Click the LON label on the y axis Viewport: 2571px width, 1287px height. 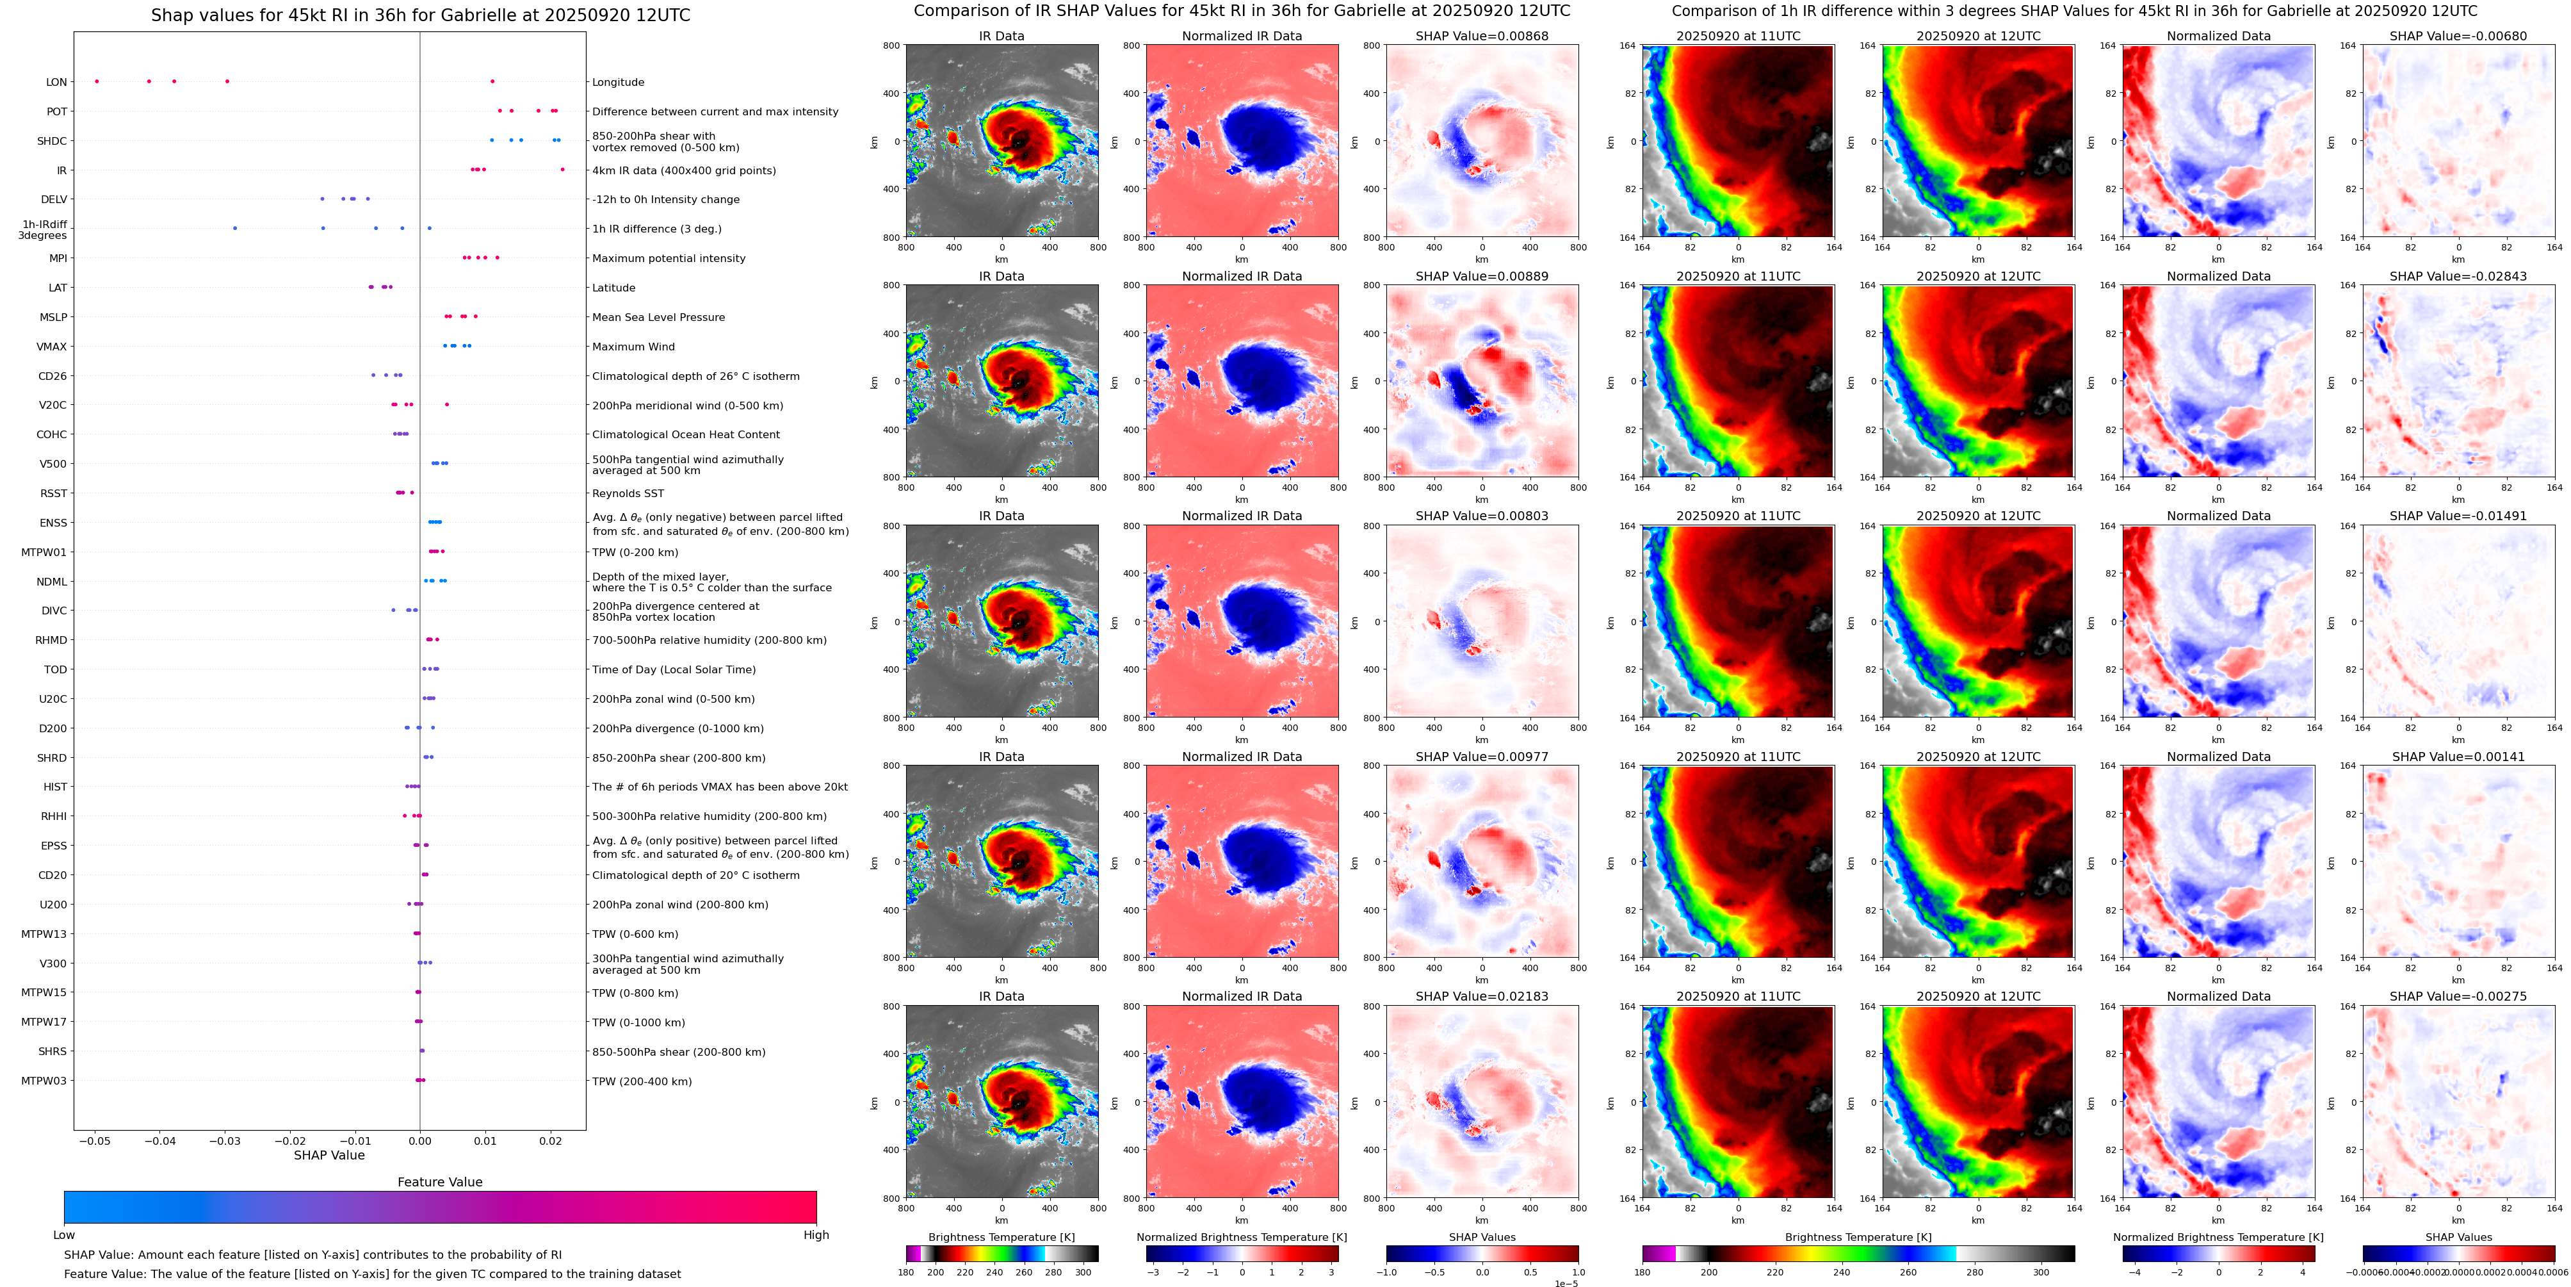57,82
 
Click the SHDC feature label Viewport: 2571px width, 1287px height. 52,141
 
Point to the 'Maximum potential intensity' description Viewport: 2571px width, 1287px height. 669,259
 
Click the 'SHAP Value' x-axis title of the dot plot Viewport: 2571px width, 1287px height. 329,1155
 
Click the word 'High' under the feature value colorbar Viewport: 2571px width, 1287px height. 816,1235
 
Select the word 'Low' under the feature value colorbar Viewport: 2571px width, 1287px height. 64,1235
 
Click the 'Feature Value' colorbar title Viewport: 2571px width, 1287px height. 440,1182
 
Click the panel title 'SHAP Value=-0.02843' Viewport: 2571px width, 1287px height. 2458,277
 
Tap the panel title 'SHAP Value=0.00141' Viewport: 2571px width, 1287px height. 2458,757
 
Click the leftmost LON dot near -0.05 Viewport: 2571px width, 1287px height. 97,81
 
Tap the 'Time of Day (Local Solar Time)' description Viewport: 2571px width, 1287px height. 674,670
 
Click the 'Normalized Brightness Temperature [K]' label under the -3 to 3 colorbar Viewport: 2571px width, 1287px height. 1242,1237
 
